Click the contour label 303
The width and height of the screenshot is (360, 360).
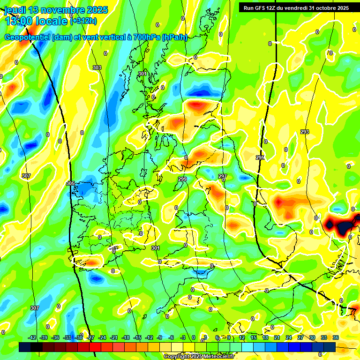coord(97,68)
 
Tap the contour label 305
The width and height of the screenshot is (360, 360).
coord(70,183)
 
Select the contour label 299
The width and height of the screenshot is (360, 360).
coord(182,180)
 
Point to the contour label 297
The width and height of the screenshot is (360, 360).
coord(223,177)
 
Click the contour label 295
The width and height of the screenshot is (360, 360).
coord(260,158)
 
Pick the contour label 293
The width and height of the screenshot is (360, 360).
coord(305,132)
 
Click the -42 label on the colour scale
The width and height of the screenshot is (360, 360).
coord(32,337)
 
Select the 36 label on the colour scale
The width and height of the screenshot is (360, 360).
coord(336,337)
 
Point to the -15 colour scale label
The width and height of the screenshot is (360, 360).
coord(137,337)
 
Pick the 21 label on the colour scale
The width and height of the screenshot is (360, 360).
coord(277,337)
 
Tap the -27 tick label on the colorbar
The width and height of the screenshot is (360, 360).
coord(90,337)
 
